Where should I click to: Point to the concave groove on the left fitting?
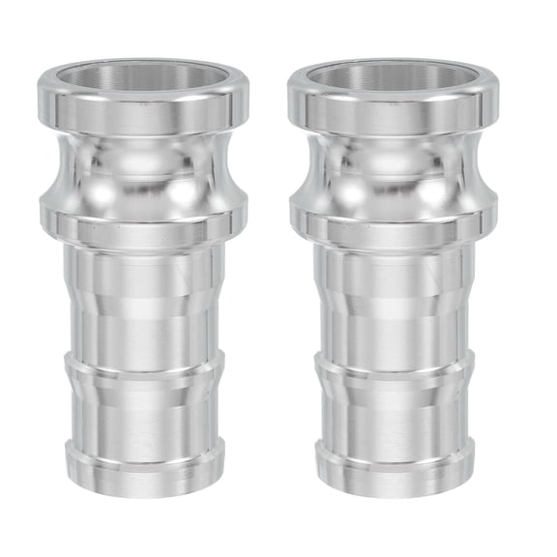pos(144,169)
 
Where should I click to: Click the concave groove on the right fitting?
pos(394,169)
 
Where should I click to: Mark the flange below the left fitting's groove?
pos(144,215)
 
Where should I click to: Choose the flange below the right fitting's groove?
pos(394,215)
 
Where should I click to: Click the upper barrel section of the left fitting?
pos(144,300)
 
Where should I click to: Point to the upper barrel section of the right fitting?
pos(394,300)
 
